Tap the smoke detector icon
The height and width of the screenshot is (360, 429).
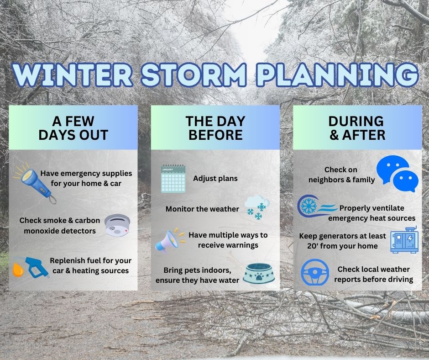[x=117, y=225]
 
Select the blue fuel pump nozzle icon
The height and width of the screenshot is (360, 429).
[x=37, y=267]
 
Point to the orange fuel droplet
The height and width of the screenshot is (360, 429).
[x=18, y=270]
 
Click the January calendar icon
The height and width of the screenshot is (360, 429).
[x=173, y=178]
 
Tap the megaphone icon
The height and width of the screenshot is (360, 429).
[x=170, y=240]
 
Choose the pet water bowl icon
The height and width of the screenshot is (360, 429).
[x=259, y=273]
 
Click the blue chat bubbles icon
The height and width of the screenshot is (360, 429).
[x=397, y=174]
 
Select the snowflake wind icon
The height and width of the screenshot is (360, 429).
[x=317, y=206]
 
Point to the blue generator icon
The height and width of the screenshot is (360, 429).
[x=404, y=240]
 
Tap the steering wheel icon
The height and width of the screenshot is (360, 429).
[x=315, y=272]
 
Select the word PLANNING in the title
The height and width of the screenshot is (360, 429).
[x=337, y=74]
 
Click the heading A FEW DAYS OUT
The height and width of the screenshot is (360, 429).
[x=73, y=128]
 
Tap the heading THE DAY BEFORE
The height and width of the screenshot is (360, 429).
[x=215, y=128]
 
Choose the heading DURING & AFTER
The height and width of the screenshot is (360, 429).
[x=357, y=128]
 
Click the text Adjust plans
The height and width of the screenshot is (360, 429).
[x=215, y=178]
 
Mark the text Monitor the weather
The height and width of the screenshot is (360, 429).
[x=202, y=209]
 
